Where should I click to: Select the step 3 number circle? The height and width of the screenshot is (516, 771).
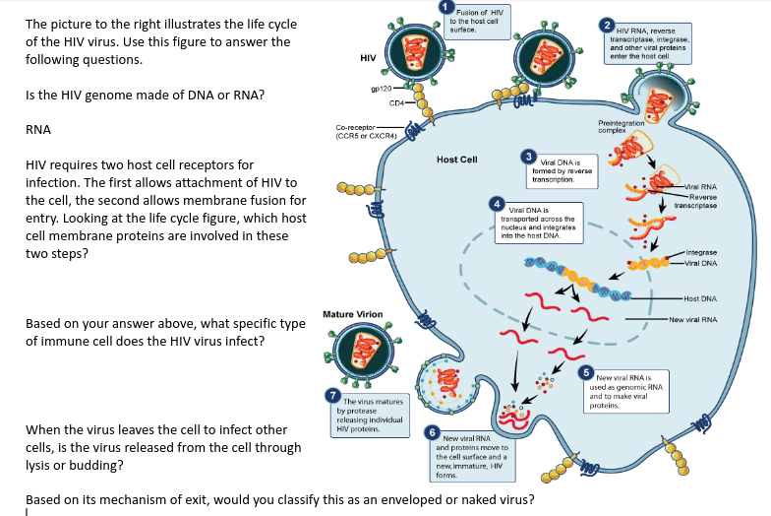(x=529, y=158)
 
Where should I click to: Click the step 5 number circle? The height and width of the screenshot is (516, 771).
(x=586, y=372)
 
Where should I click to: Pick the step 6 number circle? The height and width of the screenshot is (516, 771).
(x=431, y=432)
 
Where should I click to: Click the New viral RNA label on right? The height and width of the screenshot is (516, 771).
(x=695, y=320)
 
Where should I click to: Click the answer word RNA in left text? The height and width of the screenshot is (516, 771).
(x=38, y=130)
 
